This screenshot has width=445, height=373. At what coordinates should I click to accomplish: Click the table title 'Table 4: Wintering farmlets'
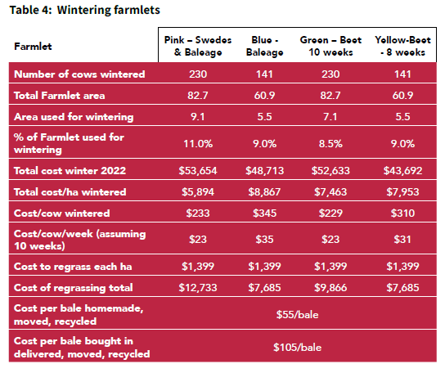point(85,10)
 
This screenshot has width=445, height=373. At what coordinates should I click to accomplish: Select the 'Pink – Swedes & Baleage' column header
point(198,46)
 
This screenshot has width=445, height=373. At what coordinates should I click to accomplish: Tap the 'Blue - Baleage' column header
point(264,46)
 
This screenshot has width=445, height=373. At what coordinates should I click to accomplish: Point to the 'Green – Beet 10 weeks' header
point(330,46)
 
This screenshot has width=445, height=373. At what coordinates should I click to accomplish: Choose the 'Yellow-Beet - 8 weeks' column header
point(402,46)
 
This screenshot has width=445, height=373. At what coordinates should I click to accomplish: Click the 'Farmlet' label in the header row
point(33,47)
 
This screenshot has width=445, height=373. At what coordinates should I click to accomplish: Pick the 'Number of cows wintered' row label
point(79,74)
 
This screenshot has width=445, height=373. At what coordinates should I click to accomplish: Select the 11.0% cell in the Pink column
point(198,144)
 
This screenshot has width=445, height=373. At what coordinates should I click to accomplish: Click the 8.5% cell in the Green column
point(330,144)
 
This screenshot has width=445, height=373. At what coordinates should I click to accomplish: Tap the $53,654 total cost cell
point(198,171)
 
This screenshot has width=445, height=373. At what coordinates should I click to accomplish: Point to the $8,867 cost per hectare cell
point(264,192)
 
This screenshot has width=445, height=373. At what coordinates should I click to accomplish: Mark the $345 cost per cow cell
point(264,213)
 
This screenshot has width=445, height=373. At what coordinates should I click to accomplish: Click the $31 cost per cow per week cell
point(402,240)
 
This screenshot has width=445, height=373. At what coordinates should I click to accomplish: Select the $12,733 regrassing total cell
point(198,288)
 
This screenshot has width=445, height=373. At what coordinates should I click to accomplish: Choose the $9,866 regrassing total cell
point(330,288)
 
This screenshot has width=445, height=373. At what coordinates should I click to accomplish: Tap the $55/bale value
point(298,315)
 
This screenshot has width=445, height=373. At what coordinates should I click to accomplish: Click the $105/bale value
point(298,347)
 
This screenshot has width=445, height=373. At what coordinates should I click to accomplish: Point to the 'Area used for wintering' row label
point(74,117)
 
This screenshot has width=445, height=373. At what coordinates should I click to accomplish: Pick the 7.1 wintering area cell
point(330,117)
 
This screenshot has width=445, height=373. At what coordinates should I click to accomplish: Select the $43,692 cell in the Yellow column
point(402,171)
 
